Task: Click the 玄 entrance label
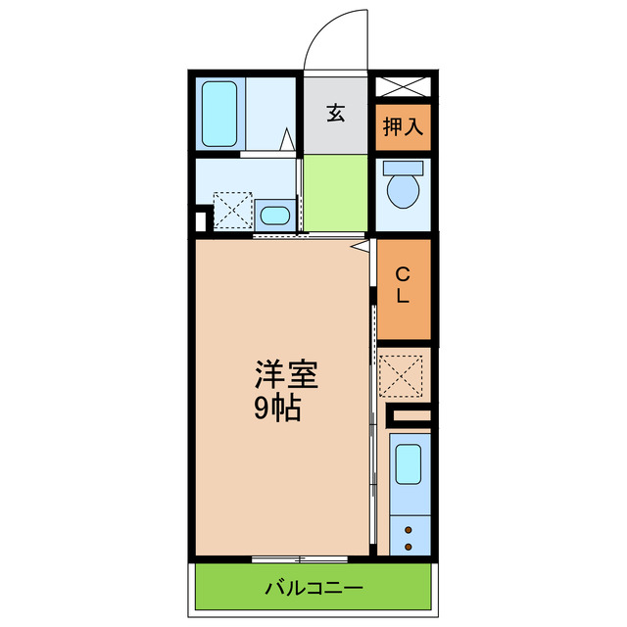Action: pos(336,114)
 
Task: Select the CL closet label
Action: pos(404,286)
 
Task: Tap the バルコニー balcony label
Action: pos(313,589)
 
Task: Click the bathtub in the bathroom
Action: pos(219,114)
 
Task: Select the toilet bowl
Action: pos(403,187)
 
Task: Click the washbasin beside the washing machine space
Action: pos(276,215)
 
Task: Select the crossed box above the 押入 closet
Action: pos(403,86)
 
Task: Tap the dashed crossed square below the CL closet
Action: pos(404,373)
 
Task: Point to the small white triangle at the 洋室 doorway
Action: pos(362,247)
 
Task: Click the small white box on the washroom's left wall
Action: pos(202,220)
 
